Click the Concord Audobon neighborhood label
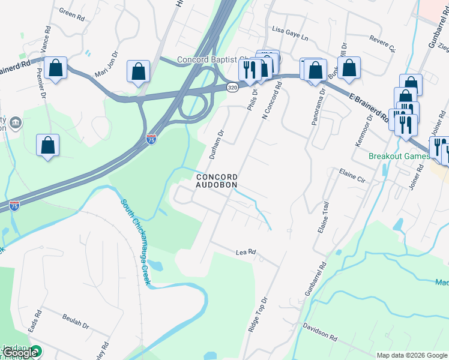216,181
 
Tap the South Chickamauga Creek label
134,242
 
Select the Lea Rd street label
246,253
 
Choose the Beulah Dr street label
76,323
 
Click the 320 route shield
232,88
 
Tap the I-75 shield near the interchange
152,139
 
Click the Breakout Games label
399,156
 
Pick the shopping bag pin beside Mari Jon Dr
138,71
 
